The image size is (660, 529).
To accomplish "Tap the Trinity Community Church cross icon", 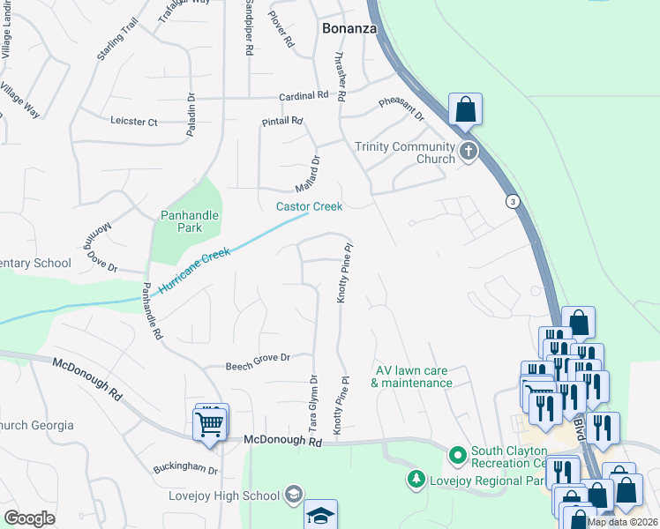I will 467,153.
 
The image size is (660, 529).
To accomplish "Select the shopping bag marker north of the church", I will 465,111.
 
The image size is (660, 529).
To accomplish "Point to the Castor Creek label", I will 309,206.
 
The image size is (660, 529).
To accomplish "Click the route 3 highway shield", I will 511,202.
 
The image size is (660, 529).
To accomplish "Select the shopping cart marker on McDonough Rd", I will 210,424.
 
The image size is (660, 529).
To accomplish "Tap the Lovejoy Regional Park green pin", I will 416,479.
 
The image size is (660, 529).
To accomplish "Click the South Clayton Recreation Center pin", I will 457,456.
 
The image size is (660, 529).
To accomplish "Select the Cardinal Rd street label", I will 304,95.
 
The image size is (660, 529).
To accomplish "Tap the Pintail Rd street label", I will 281,121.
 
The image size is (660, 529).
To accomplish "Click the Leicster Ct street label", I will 134,121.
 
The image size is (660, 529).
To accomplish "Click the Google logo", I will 29,518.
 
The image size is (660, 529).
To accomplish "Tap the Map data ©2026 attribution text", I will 622,522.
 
